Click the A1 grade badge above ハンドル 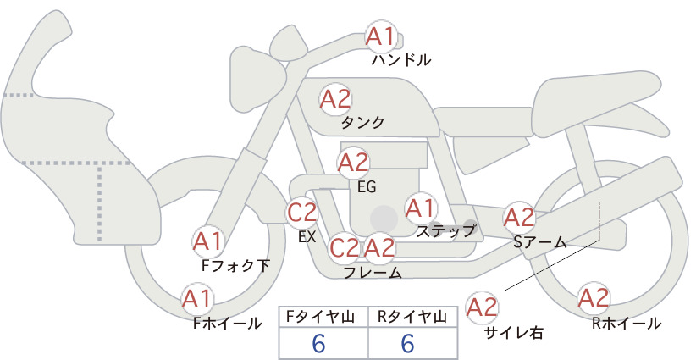(381, 36)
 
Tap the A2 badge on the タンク (335, 99)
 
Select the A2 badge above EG (353, 163)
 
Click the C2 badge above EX (301, 212)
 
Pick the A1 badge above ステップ (421, 208)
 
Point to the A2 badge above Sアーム (519, 218)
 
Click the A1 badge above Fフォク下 (207, 241)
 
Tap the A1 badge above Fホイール (198, 299)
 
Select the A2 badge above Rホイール (594, 298)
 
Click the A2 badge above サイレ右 (483, 307)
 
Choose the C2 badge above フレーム (344, 247)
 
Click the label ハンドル (401, 60)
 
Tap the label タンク (362, 122)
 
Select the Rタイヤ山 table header (412, 317)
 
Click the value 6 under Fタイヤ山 (318, 343)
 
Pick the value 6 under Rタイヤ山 (407, 343)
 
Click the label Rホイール (627, 324)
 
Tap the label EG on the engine (367, 187)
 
